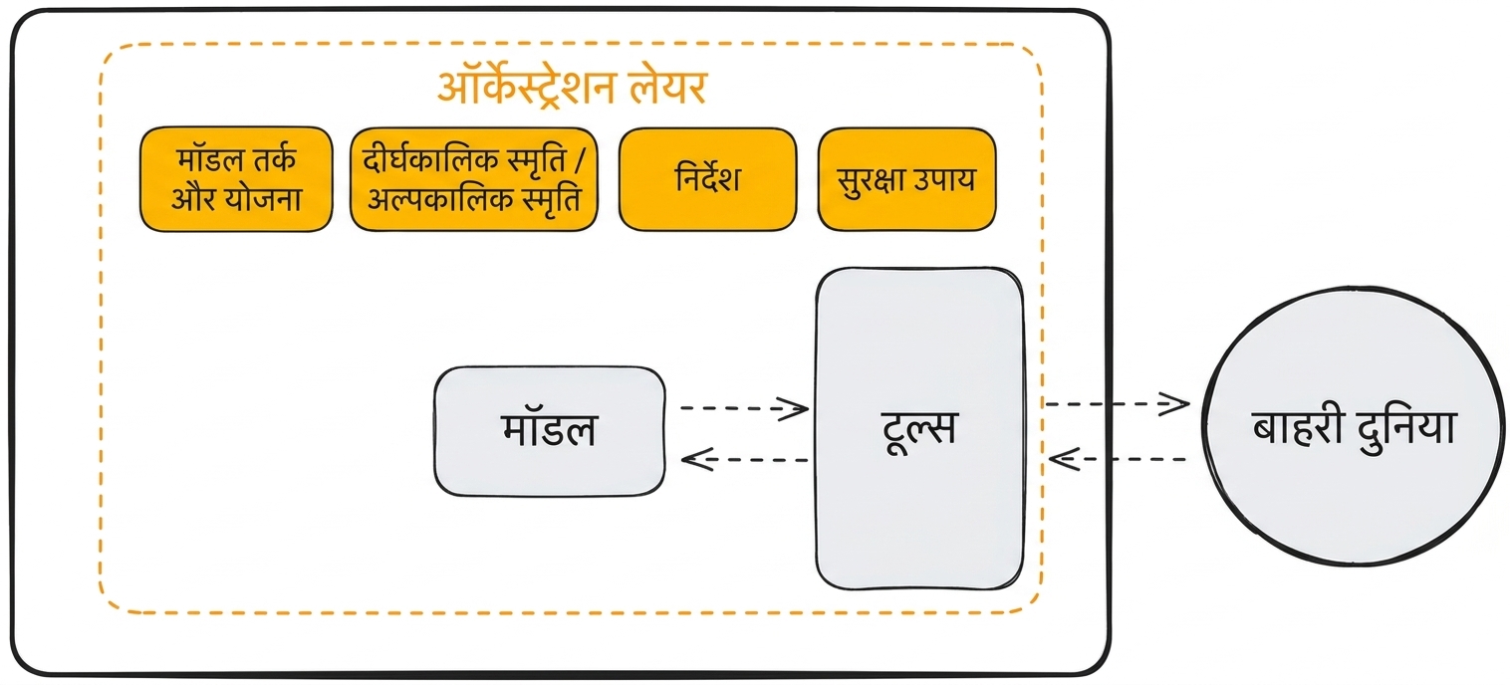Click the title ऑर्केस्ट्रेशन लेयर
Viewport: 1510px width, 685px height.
point(572,88)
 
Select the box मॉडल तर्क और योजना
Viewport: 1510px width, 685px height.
point(236,179)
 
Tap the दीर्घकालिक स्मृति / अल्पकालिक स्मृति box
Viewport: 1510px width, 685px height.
point(474,179)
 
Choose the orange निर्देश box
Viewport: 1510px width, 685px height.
point(708,179)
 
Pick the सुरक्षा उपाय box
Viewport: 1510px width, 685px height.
point(906,179)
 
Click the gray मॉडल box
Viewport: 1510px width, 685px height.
point(550,432)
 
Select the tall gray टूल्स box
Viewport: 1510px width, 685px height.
point(919,428)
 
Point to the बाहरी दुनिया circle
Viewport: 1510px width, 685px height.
point(1354,426)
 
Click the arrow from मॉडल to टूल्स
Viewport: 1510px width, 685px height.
point(745,408)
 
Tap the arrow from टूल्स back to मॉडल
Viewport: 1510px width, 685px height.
point(745,460)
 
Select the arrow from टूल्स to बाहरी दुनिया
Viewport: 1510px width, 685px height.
point(1117,404)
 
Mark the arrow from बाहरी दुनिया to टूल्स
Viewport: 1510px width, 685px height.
point(1118,459)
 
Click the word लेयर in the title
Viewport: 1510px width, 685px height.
point(668,88)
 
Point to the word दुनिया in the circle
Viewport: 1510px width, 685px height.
point(1405,429)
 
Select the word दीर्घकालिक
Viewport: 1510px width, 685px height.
point(430,160)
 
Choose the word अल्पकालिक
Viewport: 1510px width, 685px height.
point(431,199)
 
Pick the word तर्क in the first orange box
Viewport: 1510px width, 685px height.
point(274,159)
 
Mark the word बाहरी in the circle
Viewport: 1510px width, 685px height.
point(1297,427)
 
